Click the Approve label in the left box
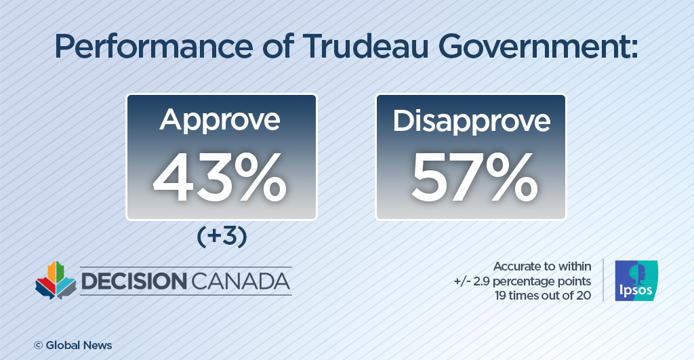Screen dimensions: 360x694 point(220,119)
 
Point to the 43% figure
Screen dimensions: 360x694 point(220,178)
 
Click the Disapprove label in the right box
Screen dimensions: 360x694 point(471,120)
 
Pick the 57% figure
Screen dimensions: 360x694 point(471,178)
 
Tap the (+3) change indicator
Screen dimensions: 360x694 point(221,238)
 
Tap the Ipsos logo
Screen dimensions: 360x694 point(635,281)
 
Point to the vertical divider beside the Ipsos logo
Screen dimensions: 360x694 point(603,280)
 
